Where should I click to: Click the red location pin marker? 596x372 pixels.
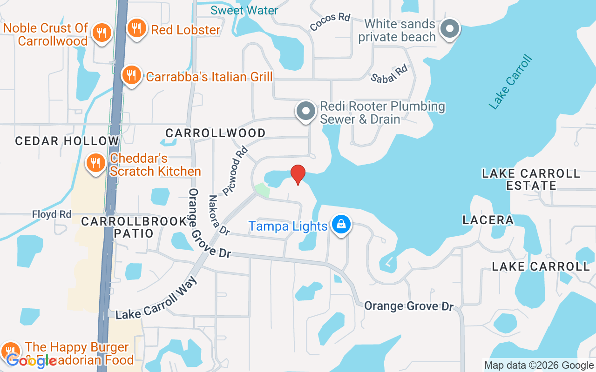pyautogui.click(x=298, y=174)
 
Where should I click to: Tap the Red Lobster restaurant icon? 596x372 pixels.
pyautogui.click(x=136, y=29)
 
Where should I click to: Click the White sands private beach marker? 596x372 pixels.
pyautogui.click(x=450, y=29)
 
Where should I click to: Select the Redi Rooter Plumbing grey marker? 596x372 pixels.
pyautogui.click(x=306, y=112)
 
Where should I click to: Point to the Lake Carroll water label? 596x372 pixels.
pyautogui.click(x=510, y=82)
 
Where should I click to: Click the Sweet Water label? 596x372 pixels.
pyautogui.click(x=244, y=10)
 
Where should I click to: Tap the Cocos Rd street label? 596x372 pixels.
pyautogui.click(x=330, y=22)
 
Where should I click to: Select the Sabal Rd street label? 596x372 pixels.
pyautogui.click(x=389, y=73)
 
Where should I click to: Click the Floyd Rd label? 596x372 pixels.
pyautogui.click(x=52, y=214)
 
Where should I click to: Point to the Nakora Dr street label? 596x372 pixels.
pyautogui.click(x=218, y=214)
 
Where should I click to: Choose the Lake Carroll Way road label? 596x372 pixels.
pyautogui.click(x=156, y=299)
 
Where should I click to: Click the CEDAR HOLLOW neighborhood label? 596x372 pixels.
pyautogui.click(x=67, y=141)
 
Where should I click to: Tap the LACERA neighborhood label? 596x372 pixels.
pyautogui.click(x=488, y=220)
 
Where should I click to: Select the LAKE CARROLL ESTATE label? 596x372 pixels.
pyautogui.click(x=531, y=179)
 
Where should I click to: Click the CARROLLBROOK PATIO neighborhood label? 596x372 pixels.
pyautogui.click(x=134, y=227)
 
